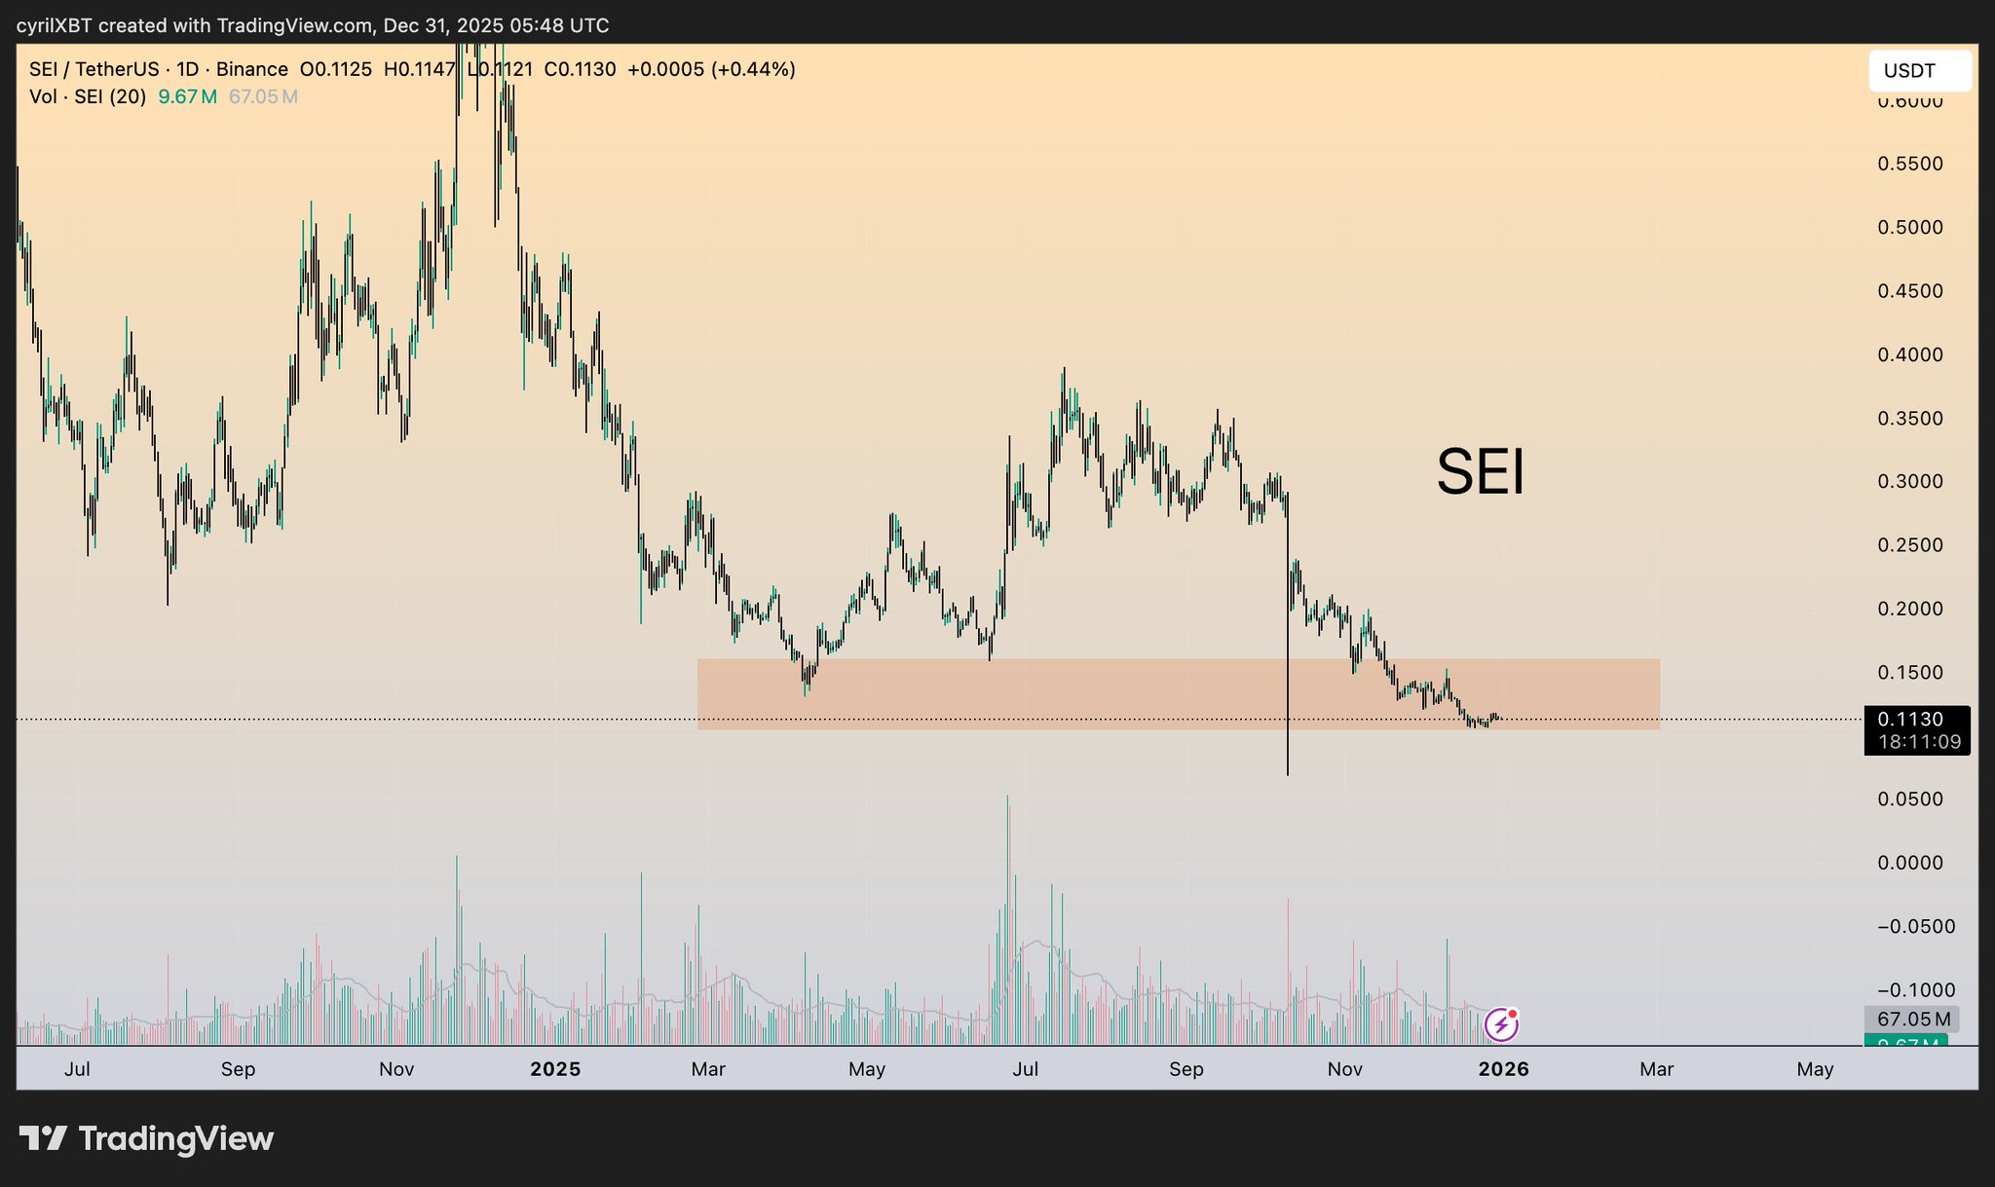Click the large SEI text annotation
click(1480, 472)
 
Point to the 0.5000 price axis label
click(1909, 228)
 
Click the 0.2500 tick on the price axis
click(1909, 545)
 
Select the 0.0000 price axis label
click(1909, 863)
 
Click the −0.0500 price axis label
click(1915, 926)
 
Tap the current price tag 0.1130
click(1910, 720)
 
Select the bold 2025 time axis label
click(555, 1069)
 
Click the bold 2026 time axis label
click(1503, 1069)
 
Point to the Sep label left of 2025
click(238, 1069)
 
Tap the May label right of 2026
click(1815, 1069)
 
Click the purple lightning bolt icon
click(1501, 1025)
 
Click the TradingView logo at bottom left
click(147, 1138)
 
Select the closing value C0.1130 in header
click(580, 69)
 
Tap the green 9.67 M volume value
click(187, 96)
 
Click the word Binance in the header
click(251, 69)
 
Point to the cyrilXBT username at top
click(54, 25)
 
